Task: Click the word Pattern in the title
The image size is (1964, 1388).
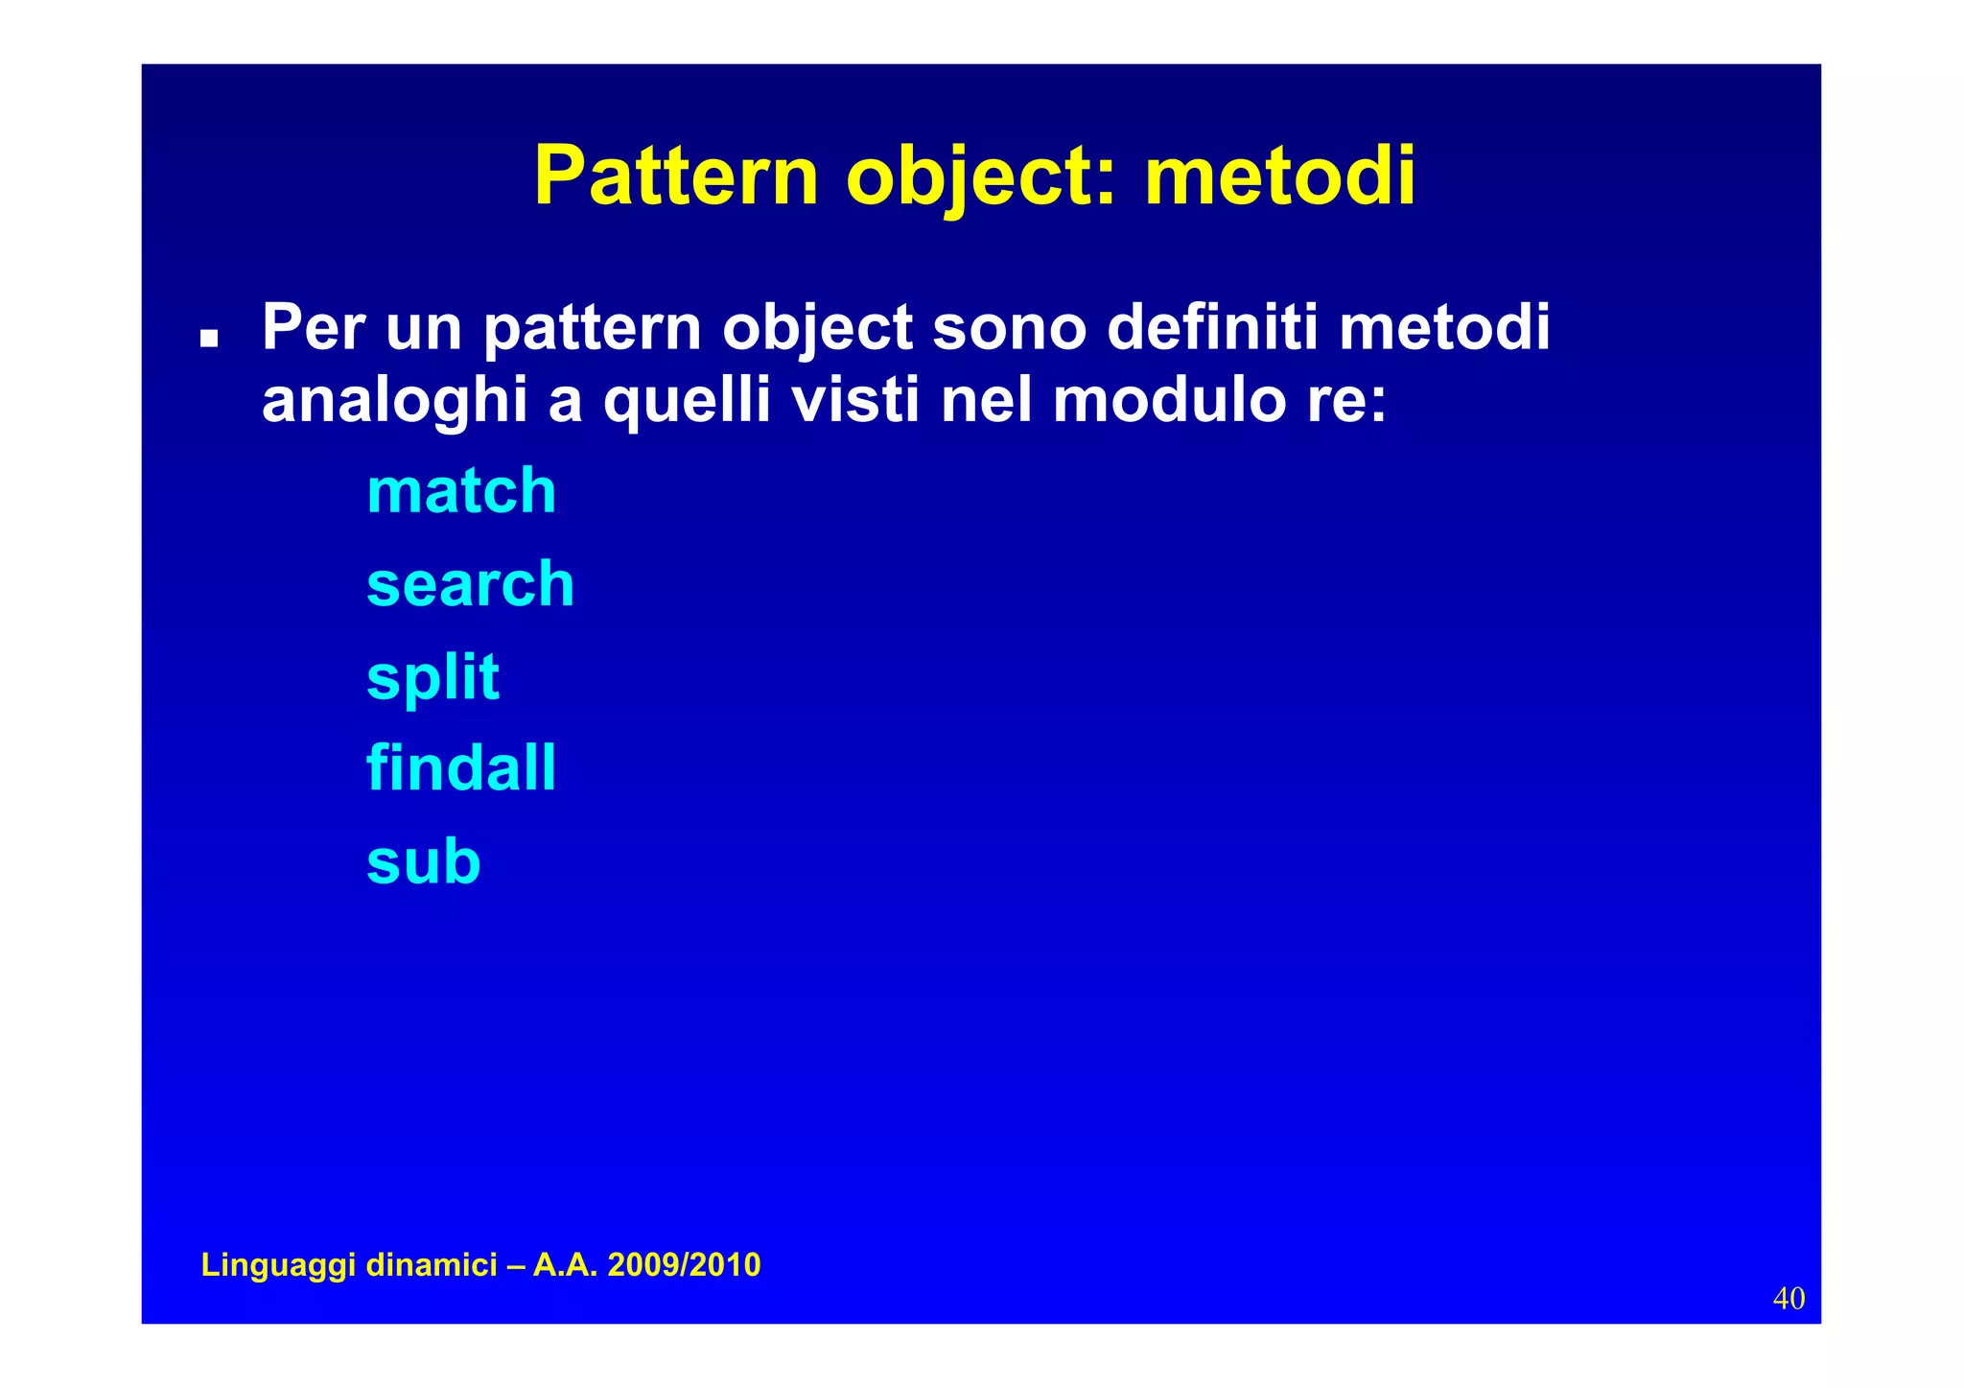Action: (x=675, y=176)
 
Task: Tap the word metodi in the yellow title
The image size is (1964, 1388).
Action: (x=1279, y=176)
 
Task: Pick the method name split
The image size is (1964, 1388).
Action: (x=433, y=677)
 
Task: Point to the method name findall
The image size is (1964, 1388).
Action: (x=461, y=768)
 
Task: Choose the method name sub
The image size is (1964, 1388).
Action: (x=423, y=860)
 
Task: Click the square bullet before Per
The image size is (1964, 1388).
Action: (x=209, y=339)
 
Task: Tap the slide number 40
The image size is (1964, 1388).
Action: (x=1789, y=1298)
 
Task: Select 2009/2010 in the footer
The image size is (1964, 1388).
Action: (x=684, y=1265)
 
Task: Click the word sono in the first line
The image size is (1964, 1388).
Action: (x=1009, y=327)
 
